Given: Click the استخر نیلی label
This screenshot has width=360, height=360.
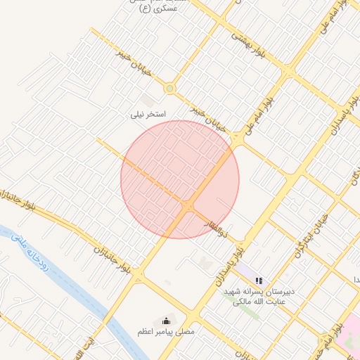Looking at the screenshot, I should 149,113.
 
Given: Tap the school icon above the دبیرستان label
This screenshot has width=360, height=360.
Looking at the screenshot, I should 259,281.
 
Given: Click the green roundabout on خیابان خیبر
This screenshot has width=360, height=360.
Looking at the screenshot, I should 169,89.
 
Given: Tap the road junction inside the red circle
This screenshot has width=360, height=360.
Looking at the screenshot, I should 188,205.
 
